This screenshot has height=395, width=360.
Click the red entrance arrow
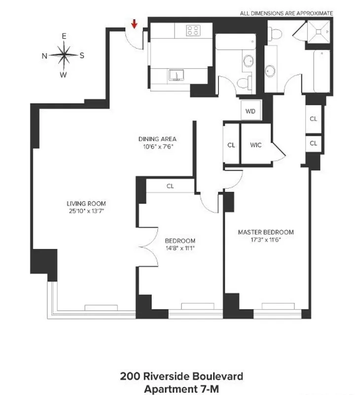[134, 23]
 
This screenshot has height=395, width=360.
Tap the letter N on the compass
[44, 55]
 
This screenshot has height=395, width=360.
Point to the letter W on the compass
[63, 75]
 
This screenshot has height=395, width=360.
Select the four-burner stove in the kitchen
[193, 31]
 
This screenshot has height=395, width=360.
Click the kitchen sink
[176, 75]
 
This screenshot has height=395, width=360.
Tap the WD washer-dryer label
[251, 111]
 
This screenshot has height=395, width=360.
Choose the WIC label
[255, 145]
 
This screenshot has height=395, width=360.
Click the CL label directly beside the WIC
[231, 145]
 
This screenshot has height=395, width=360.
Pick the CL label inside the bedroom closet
[170, 186]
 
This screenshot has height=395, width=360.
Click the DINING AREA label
[157, 139]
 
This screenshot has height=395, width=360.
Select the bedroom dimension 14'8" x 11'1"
[180, 248]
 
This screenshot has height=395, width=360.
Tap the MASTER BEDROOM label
[266, 232]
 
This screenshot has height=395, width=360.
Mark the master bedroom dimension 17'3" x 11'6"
[266, 239]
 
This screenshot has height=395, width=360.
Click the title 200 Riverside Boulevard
[181, 376]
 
